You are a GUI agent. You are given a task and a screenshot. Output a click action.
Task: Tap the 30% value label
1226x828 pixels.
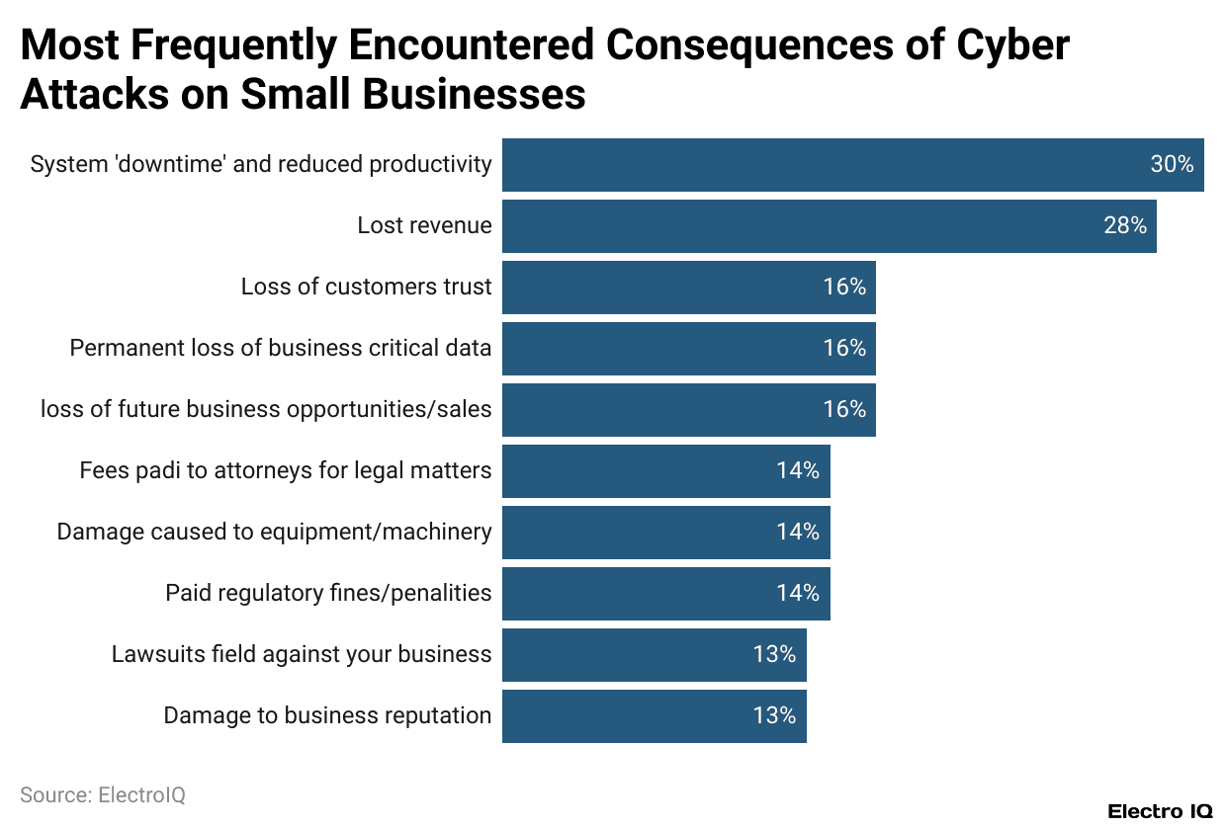click(1172, 165)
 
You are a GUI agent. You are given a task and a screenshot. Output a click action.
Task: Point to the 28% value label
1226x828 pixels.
click(1125, 226)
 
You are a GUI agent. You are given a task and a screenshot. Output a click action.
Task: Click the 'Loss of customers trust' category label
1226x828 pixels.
click(366, 288)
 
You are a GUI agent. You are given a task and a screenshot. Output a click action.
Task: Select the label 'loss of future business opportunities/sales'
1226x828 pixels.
click(266, 410)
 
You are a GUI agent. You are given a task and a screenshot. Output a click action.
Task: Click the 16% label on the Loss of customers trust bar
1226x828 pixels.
click(844, 288)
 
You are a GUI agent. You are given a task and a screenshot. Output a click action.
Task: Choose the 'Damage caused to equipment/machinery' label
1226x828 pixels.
click(274, 533)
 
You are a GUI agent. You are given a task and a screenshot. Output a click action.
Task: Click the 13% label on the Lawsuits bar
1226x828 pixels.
click(774, 655)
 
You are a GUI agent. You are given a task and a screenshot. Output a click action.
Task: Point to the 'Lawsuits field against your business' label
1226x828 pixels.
click(302, 655)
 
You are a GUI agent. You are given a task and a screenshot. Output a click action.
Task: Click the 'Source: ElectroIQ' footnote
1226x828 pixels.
click(103, 795)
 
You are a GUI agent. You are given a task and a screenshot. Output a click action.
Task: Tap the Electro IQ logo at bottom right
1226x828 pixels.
click(1159, 811)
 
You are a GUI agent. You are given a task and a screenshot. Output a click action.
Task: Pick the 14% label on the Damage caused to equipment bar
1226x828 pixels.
click(798, 533)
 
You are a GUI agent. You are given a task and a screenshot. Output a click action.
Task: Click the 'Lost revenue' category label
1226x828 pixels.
click(424, 226)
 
